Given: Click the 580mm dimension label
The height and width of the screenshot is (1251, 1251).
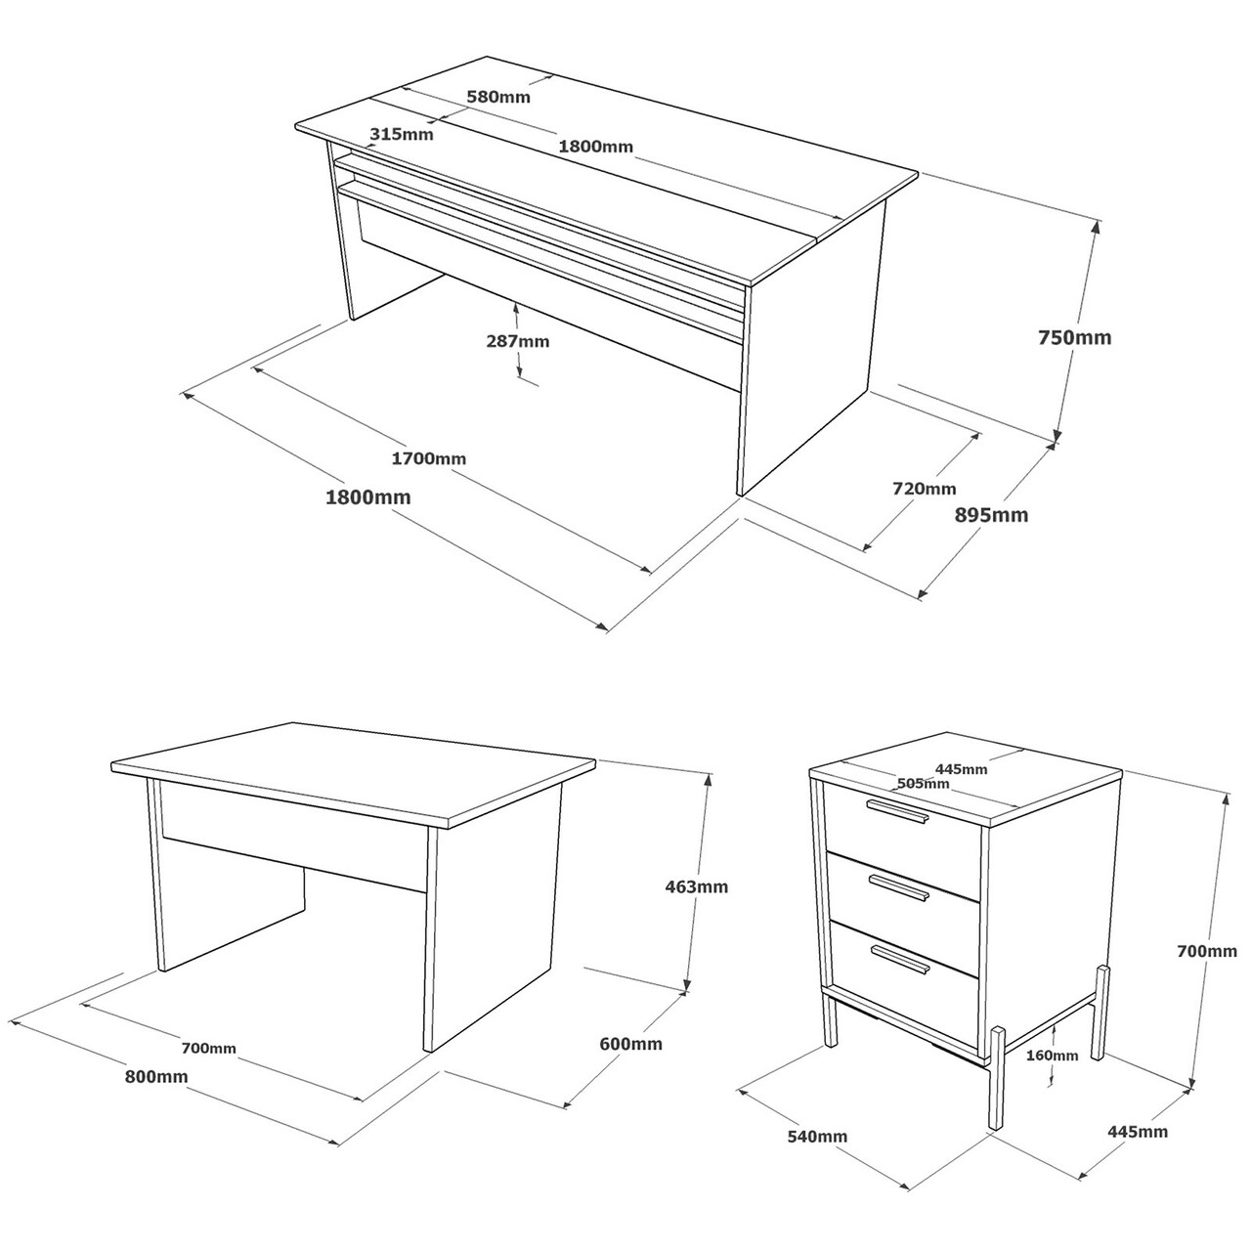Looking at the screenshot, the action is [x=498, y=97].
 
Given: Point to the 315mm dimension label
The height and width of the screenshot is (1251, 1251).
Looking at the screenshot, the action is [x=402, y=134].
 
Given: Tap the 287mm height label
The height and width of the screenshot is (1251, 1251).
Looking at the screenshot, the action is [x=517, y=341].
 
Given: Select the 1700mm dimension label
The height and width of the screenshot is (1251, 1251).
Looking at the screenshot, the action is [x=428, y=458].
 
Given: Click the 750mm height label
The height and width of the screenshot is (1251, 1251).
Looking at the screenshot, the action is [x=1074, y=337].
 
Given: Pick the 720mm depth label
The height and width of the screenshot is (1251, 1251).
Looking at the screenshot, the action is [x=925, y=489].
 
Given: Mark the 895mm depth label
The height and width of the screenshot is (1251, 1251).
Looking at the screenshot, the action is [x=991, y=515].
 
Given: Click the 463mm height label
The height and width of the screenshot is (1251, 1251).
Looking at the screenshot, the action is [x=697, y=886].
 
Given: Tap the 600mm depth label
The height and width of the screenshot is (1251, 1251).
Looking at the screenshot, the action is [x=630, y=1044].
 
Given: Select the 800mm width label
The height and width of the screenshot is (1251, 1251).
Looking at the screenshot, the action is [x=156, y=1076].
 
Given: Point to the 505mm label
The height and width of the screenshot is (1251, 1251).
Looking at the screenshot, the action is [x=923, y=784].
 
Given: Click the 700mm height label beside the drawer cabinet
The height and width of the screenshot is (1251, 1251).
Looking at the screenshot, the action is [x=1207, y=951].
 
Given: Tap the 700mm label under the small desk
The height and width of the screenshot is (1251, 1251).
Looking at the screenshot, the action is [x=209, y=1049].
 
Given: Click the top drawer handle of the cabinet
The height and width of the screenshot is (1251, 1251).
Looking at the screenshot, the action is [x=898, y=812].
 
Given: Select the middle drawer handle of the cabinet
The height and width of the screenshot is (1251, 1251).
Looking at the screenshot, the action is [x=898, y=887].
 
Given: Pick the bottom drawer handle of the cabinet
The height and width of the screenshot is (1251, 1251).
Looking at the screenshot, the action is [x=900, y=960].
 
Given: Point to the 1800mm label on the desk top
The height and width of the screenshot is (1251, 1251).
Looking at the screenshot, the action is [x=595, y=146].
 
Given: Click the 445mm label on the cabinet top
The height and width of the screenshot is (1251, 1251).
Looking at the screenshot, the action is [x=961, y=769].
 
